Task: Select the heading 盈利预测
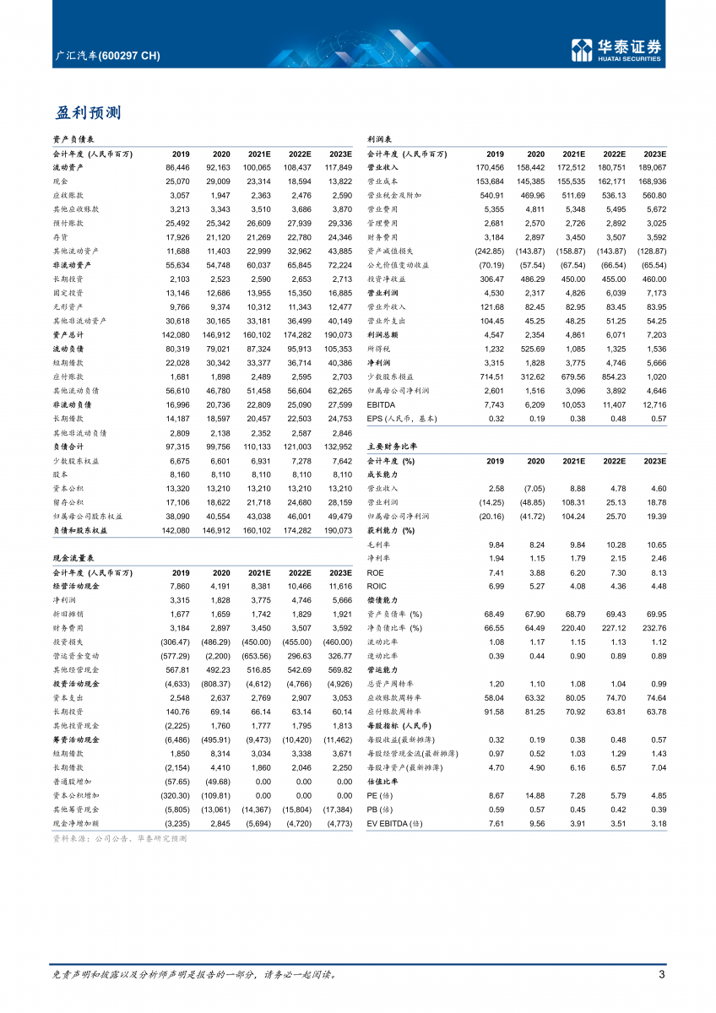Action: (x=89, y=112)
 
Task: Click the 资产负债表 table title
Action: (x=73, y=139)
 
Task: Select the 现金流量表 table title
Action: (x=73, y=558)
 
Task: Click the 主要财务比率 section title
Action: (x=392, y=446)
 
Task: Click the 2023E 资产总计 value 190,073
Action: (x=336, y=334)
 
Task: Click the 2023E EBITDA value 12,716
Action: (x=651, y=404)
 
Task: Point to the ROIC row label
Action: (x=377, y=586)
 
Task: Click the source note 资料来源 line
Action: (x=118, y=839)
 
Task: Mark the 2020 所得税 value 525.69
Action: (x=531, y=349)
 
